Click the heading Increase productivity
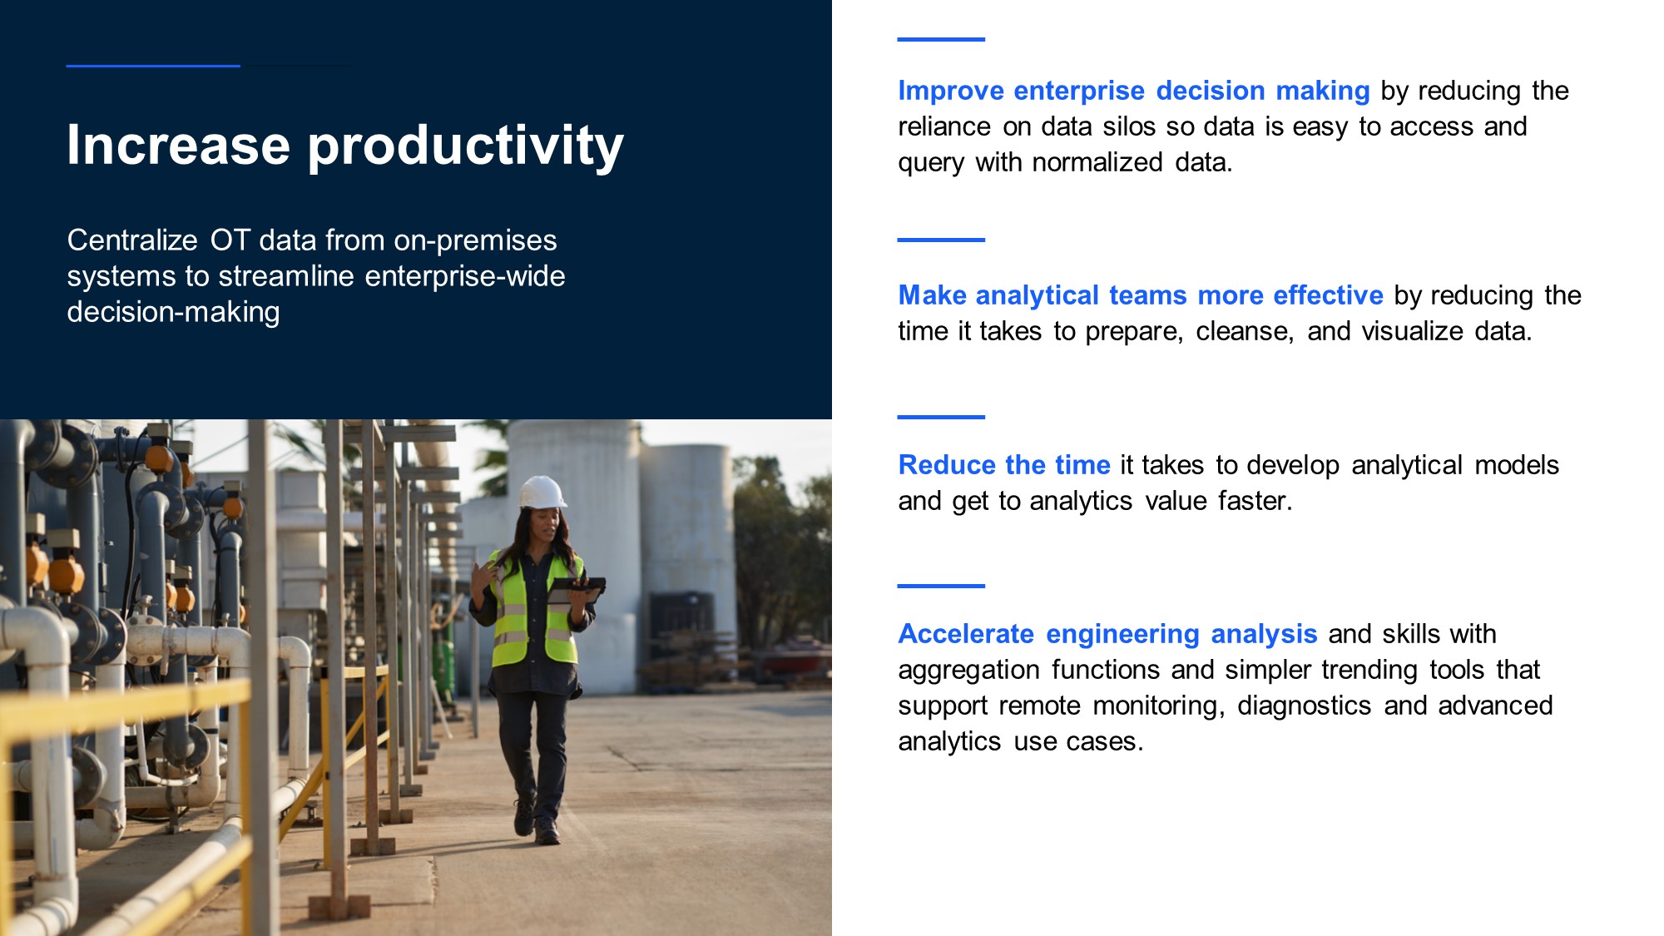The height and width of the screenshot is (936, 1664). click(345, 146)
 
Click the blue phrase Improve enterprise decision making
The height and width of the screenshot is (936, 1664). click(1134, 91)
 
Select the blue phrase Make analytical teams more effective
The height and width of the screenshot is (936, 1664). click(1141, 295)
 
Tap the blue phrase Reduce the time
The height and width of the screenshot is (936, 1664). click(1004, 465)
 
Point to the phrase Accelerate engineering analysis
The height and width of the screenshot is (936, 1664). click(1107, 634)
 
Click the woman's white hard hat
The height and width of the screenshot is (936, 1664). click(542, 492)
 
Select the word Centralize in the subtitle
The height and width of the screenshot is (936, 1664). click(132, 240)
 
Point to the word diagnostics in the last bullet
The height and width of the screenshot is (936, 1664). click(1304, 706)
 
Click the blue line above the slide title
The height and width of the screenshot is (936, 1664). click(153, 66)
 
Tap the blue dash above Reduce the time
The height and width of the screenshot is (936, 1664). click(941, 417)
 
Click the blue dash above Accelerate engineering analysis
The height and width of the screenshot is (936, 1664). click(941, 586)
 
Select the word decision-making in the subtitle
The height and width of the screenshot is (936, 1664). click(173, 313)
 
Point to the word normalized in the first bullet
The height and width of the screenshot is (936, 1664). click(1097, 162)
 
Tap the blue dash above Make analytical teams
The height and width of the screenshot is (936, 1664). click(941, 240)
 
